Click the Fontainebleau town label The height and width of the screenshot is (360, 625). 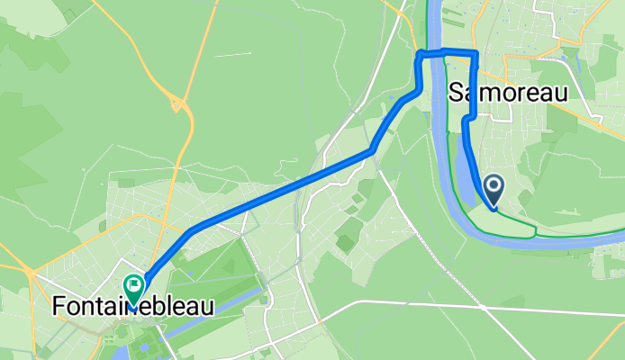133,307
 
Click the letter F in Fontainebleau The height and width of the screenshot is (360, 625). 59,307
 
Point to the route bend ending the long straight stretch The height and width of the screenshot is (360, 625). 371,150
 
